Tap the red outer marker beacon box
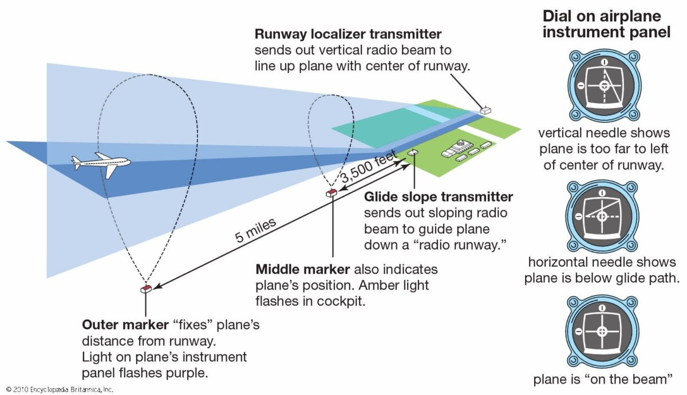[x=146, y=289]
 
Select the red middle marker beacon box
[x=331, y=193]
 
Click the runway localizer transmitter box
[x=485, y=109]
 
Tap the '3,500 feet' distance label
[x=369, y=169]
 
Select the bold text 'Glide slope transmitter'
[x=439, y=197]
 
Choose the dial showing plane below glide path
[x=602, y=216]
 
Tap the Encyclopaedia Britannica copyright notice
[x=57, y=389]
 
